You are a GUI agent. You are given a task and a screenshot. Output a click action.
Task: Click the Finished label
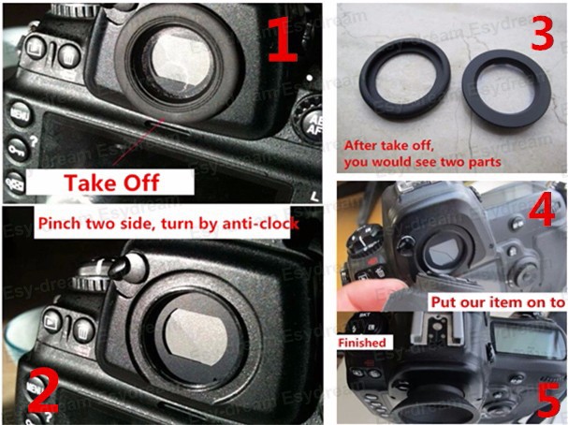click(x=362, y=343)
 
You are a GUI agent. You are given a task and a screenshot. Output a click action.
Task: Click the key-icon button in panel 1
click(x=16, y=147)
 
